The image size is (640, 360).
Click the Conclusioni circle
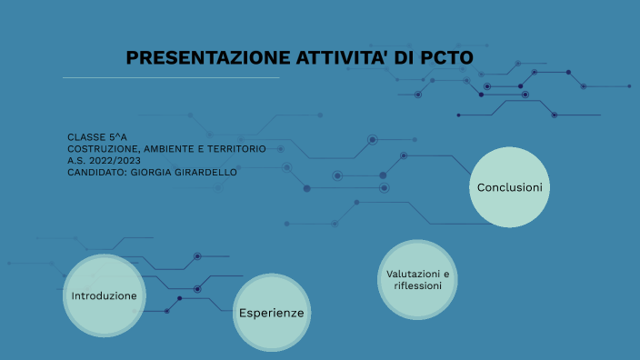(509, 187)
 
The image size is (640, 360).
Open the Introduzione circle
(104, 296)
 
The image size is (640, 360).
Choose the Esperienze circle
(271, 313)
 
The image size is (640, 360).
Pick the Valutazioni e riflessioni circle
(417, 279)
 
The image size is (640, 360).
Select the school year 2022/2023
(121, 160)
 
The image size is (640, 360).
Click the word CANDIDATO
(95, 172)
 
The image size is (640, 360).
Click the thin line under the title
(171, 78)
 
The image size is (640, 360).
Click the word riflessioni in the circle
(417, 285)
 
